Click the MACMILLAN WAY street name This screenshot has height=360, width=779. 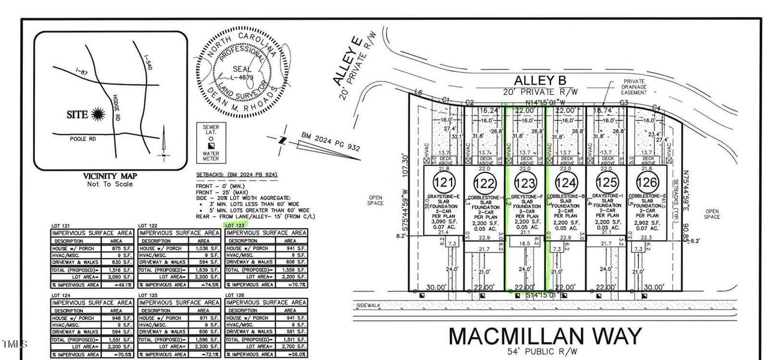(x=545, y=336)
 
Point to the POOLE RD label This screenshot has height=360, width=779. (x=82, y=139)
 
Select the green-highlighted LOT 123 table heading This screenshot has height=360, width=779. (x=234, y=226)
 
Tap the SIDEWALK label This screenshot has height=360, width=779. (x=365, y=305)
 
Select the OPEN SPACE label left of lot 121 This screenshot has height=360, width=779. (x=376, y=200)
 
